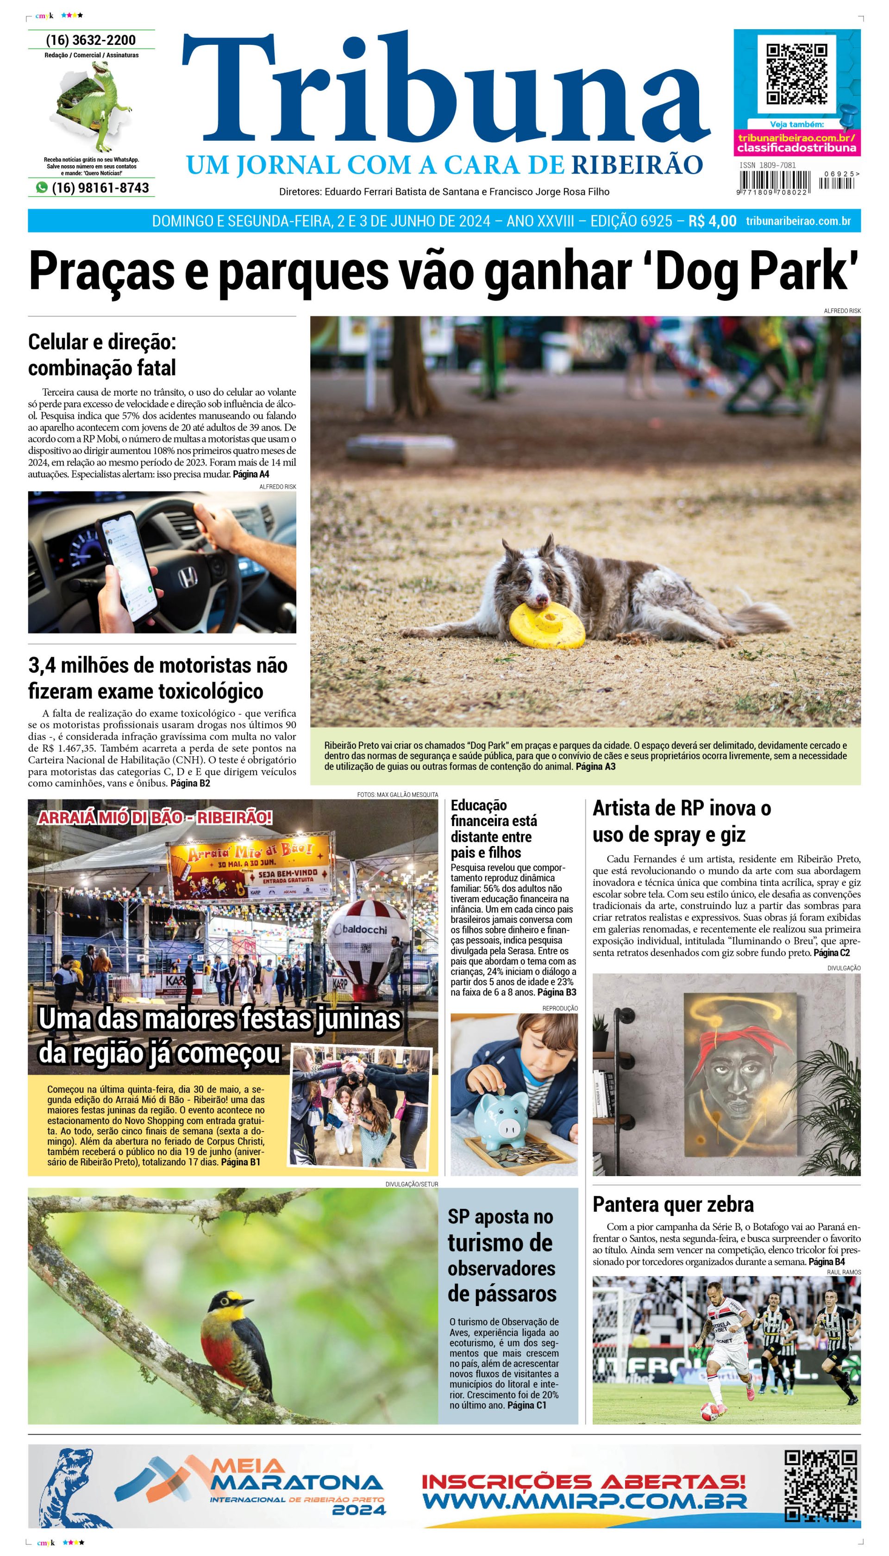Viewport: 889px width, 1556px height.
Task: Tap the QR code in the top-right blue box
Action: (796, 75)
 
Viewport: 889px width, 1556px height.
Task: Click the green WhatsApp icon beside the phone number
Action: (42, 187)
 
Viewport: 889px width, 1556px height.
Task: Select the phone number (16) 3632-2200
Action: (91, 40)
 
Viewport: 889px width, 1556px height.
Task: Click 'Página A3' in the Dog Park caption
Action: (595, 766)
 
